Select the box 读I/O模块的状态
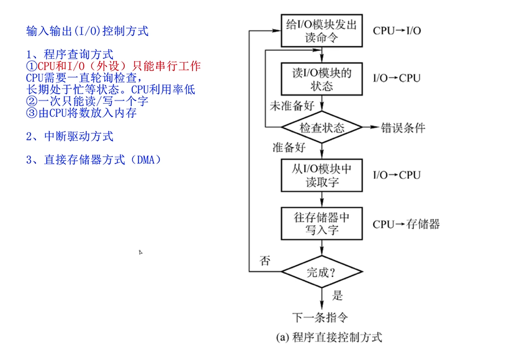tap(321, 78)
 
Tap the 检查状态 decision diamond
tap(321, 128)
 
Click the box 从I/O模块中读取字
tap(321, 175)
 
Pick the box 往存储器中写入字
tap(321, 223)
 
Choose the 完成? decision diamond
tap(321, 271)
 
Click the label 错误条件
tap(403, 128)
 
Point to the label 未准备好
tap(292, 106)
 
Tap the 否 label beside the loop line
tap(265, 261)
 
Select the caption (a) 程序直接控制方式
tap(329, 338)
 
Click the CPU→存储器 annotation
tap(407, 224)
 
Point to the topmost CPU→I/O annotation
tap(397, 30)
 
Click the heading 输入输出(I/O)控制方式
tap(88, 30)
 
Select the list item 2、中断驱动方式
tap(70, 136)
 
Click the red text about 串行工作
tap(114, 66)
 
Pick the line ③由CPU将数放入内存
tap(81, 114)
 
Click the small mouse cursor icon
tap(141, 252)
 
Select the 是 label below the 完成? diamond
tap(338, 295)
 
